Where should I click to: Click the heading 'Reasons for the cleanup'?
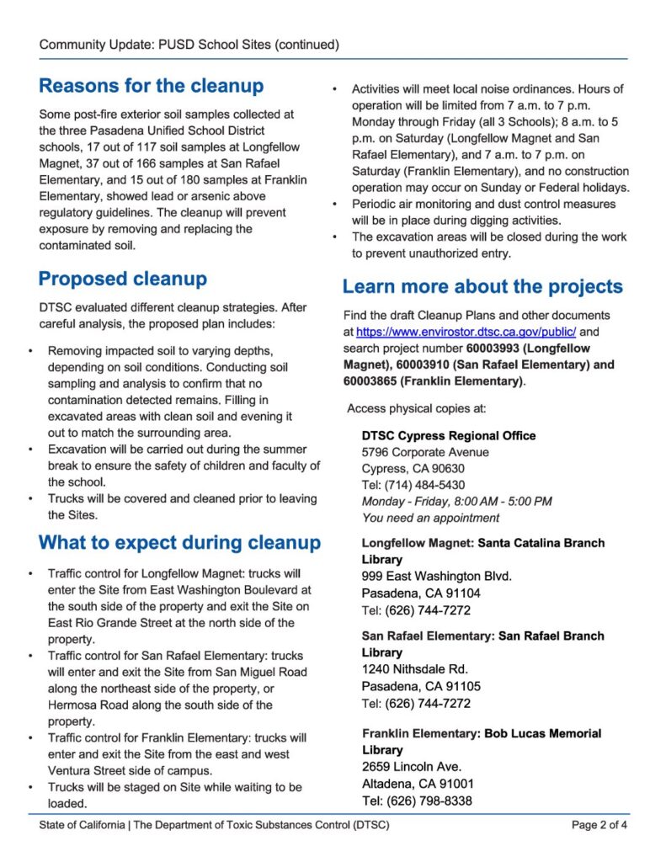(x=151, y=86)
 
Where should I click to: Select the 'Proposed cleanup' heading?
(x=123, y=279)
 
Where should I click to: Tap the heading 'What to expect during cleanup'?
(x=179, y=541)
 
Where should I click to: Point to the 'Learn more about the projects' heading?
(x=482, y=286)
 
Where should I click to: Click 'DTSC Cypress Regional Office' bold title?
(x=448, y=436)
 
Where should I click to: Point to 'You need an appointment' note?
(x=430, y=518)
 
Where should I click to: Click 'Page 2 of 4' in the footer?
(x=599, y=825)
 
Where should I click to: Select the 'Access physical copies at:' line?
(x=416, y=409)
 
